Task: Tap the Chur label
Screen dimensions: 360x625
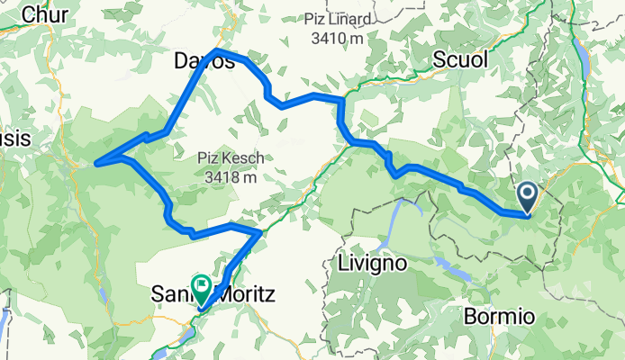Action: click(x=38, y=14)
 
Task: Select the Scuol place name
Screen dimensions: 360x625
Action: click(x=459, y=59)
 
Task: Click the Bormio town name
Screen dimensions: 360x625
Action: click(x=501, y=317)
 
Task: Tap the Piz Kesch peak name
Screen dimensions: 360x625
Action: click(x=231, y=158)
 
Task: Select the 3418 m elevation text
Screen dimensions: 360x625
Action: click(x=231, y=176)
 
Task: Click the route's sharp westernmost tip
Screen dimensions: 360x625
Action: click(x=96, y=163)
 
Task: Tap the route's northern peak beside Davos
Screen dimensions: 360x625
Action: click(x=216, y=50)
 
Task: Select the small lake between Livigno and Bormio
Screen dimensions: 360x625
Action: click(x=444, y=264)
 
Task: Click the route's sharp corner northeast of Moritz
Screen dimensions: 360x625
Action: click(x=260, y=232)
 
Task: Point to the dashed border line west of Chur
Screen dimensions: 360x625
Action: click(x=5, y=36)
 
